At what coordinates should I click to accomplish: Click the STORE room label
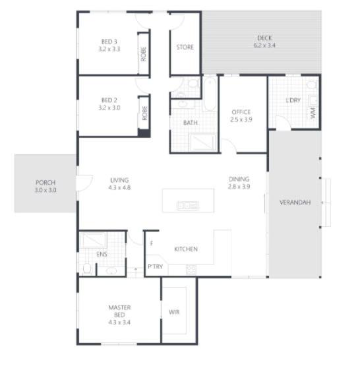click(x=185, y=47)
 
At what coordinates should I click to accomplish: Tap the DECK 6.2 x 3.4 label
click(x=264, y=42)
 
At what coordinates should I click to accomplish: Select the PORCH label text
click(x=45, y=183)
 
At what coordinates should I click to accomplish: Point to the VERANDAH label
click(x=295, y=203)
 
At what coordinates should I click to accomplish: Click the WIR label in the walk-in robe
click(x=174, y=312)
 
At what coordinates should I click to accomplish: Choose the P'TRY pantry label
click(x=155, y=267)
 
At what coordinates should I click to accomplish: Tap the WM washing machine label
click(x=313, y=113)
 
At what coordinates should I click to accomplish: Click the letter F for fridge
click(x=152, y=243)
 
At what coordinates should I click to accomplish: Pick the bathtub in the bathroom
click(x=210, y=95)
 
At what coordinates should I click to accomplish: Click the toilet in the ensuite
click(x=87, y=268)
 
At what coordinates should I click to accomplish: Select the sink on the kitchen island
click(x=188, y=206)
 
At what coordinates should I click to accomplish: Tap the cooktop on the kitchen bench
click(x=191, y=270)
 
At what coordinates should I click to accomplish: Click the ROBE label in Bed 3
click(x=143, y=54)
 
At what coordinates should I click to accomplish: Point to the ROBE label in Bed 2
click(x=144, y=113)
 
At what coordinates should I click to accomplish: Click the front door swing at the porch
click(x=85, y=183)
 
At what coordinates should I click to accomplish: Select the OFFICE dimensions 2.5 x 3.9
click(x=241, y=119)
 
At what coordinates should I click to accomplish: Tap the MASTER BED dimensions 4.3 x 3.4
click(x=119, y=323)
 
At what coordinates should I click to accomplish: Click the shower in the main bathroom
click(x=203, y=142)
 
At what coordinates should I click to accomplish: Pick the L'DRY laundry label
click(x=293, y=100)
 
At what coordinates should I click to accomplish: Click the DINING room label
click(x=239, y=179)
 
